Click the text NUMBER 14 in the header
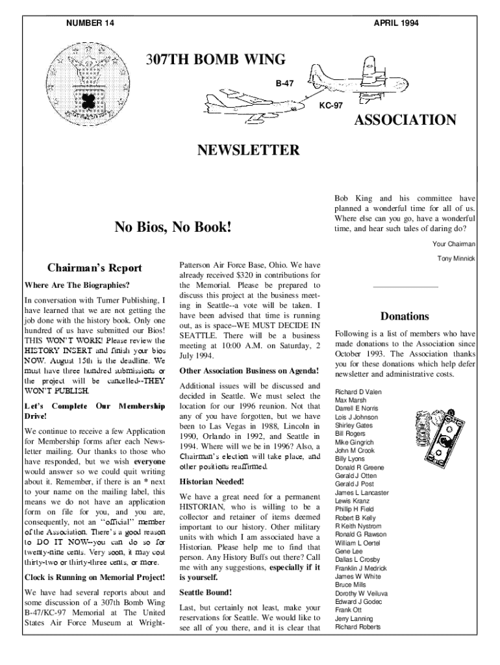[x=90, y=23]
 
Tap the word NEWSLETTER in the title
[x=249, y=151]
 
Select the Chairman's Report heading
[x=95, y=268]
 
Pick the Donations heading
[x=405, y=316]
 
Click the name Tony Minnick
[x=457, y=258]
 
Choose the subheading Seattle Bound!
[x=205, y=593]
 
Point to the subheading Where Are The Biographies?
[x=77, y=284]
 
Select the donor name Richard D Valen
[x=358, y=392]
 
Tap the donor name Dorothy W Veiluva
[x=362, y=593]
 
